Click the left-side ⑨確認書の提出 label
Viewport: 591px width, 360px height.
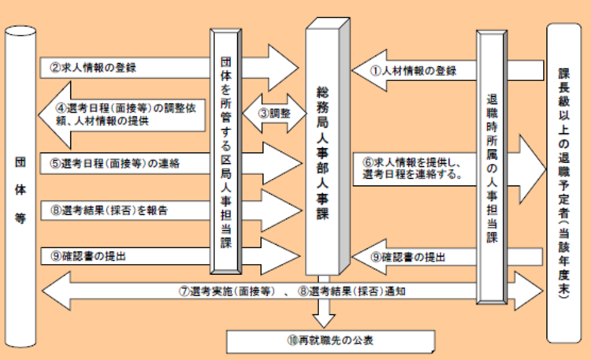pos(88,255)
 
